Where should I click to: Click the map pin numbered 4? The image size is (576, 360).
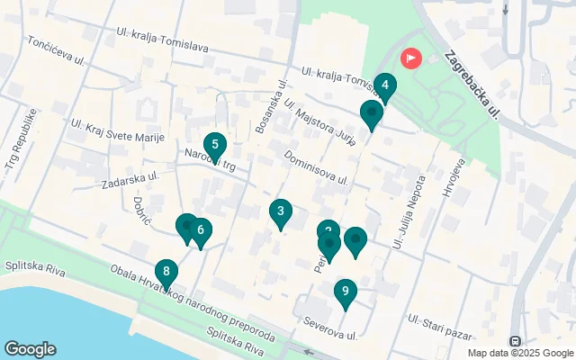point(384,87)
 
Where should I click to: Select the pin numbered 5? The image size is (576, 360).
point(214,145)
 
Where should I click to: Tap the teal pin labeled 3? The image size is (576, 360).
point(281,212)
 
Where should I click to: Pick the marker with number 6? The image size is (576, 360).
point(201,230)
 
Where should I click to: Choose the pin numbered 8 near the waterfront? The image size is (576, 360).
point(166,272)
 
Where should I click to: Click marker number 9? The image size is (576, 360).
point(344,292)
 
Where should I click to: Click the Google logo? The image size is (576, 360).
point(31,349)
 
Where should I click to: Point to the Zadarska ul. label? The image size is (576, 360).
point(130,177)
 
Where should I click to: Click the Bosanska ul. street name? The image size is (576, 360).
point(272,107)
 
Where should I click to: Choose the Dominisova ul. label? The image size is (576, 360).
point(315,167)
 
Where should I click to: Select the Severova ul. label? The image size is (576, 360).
point(330,328)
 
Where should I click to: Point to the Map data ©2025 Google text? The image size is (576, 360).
point(519,353)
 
